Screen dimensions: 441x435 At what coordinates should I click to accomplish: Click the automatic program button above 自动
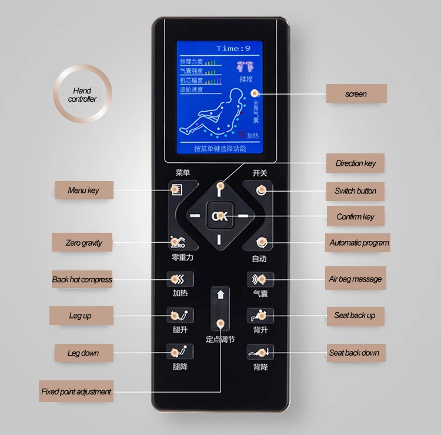[x=261, y=242]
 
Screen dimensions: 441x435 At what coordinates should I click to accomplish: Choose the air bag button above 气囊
[x=260, y=279]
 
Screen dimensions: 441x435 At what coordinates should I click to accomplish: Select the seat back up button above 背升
[x=260, y=316]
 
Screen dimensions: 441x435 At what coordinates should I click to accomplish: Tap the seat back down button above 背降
[x=260, y=353]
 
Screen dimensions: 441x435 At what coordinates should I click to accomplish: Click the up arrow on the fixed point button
[x=220, y=295]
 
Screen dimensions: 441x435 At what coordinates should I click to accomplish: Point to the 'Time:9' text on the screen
[x=233, y=48]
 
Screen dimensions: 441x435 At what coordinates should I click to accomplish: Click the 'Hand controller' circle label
[x=82, y=95]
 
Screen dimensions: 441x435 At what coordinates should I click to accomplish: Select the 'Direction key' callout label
[x=355, y=163]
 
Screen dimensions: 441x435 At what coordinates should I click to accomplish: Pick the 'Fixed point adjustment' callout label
[x=76, y=391]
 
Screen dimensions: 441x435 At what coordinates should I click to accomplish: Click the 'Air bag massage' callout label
[x=355, y=279]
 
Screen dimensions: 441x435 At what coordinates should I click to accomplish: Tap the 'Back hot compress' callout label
[x=82, y=280]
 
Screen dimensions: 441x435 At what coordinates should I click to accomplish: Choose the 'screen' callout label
[x=356, y=94]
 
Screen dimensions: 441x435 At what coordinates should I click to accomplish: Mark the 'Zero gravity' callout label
[x=84, y=243]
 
